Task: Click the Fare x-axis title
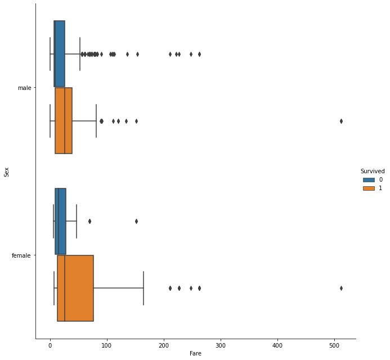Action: (x=195, y=354)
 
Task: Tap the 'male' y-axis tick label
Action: (x=24, y=88)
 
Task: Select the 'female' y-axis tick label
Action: (x=21, y=255)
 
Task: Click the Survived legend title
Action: (x=373, y=171)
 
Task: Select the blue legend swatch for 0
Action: (x=369, y=179)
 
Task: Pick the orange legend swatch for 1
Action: (x=369, y=188)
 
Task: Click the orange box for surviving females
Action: (x=75, y=288)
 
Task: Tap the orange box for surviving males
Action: (x=64, y=120)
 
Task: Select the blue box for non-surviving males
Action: (x=59, y=54)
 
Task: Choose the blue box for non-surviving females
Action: (x=60, y=221)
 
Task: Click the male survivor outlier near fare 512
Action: (x=341, y=121)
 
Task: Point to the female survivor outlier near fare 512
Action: (x=341, y=288)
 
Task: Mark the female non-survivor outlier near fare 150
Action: (x=136, y=221)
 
